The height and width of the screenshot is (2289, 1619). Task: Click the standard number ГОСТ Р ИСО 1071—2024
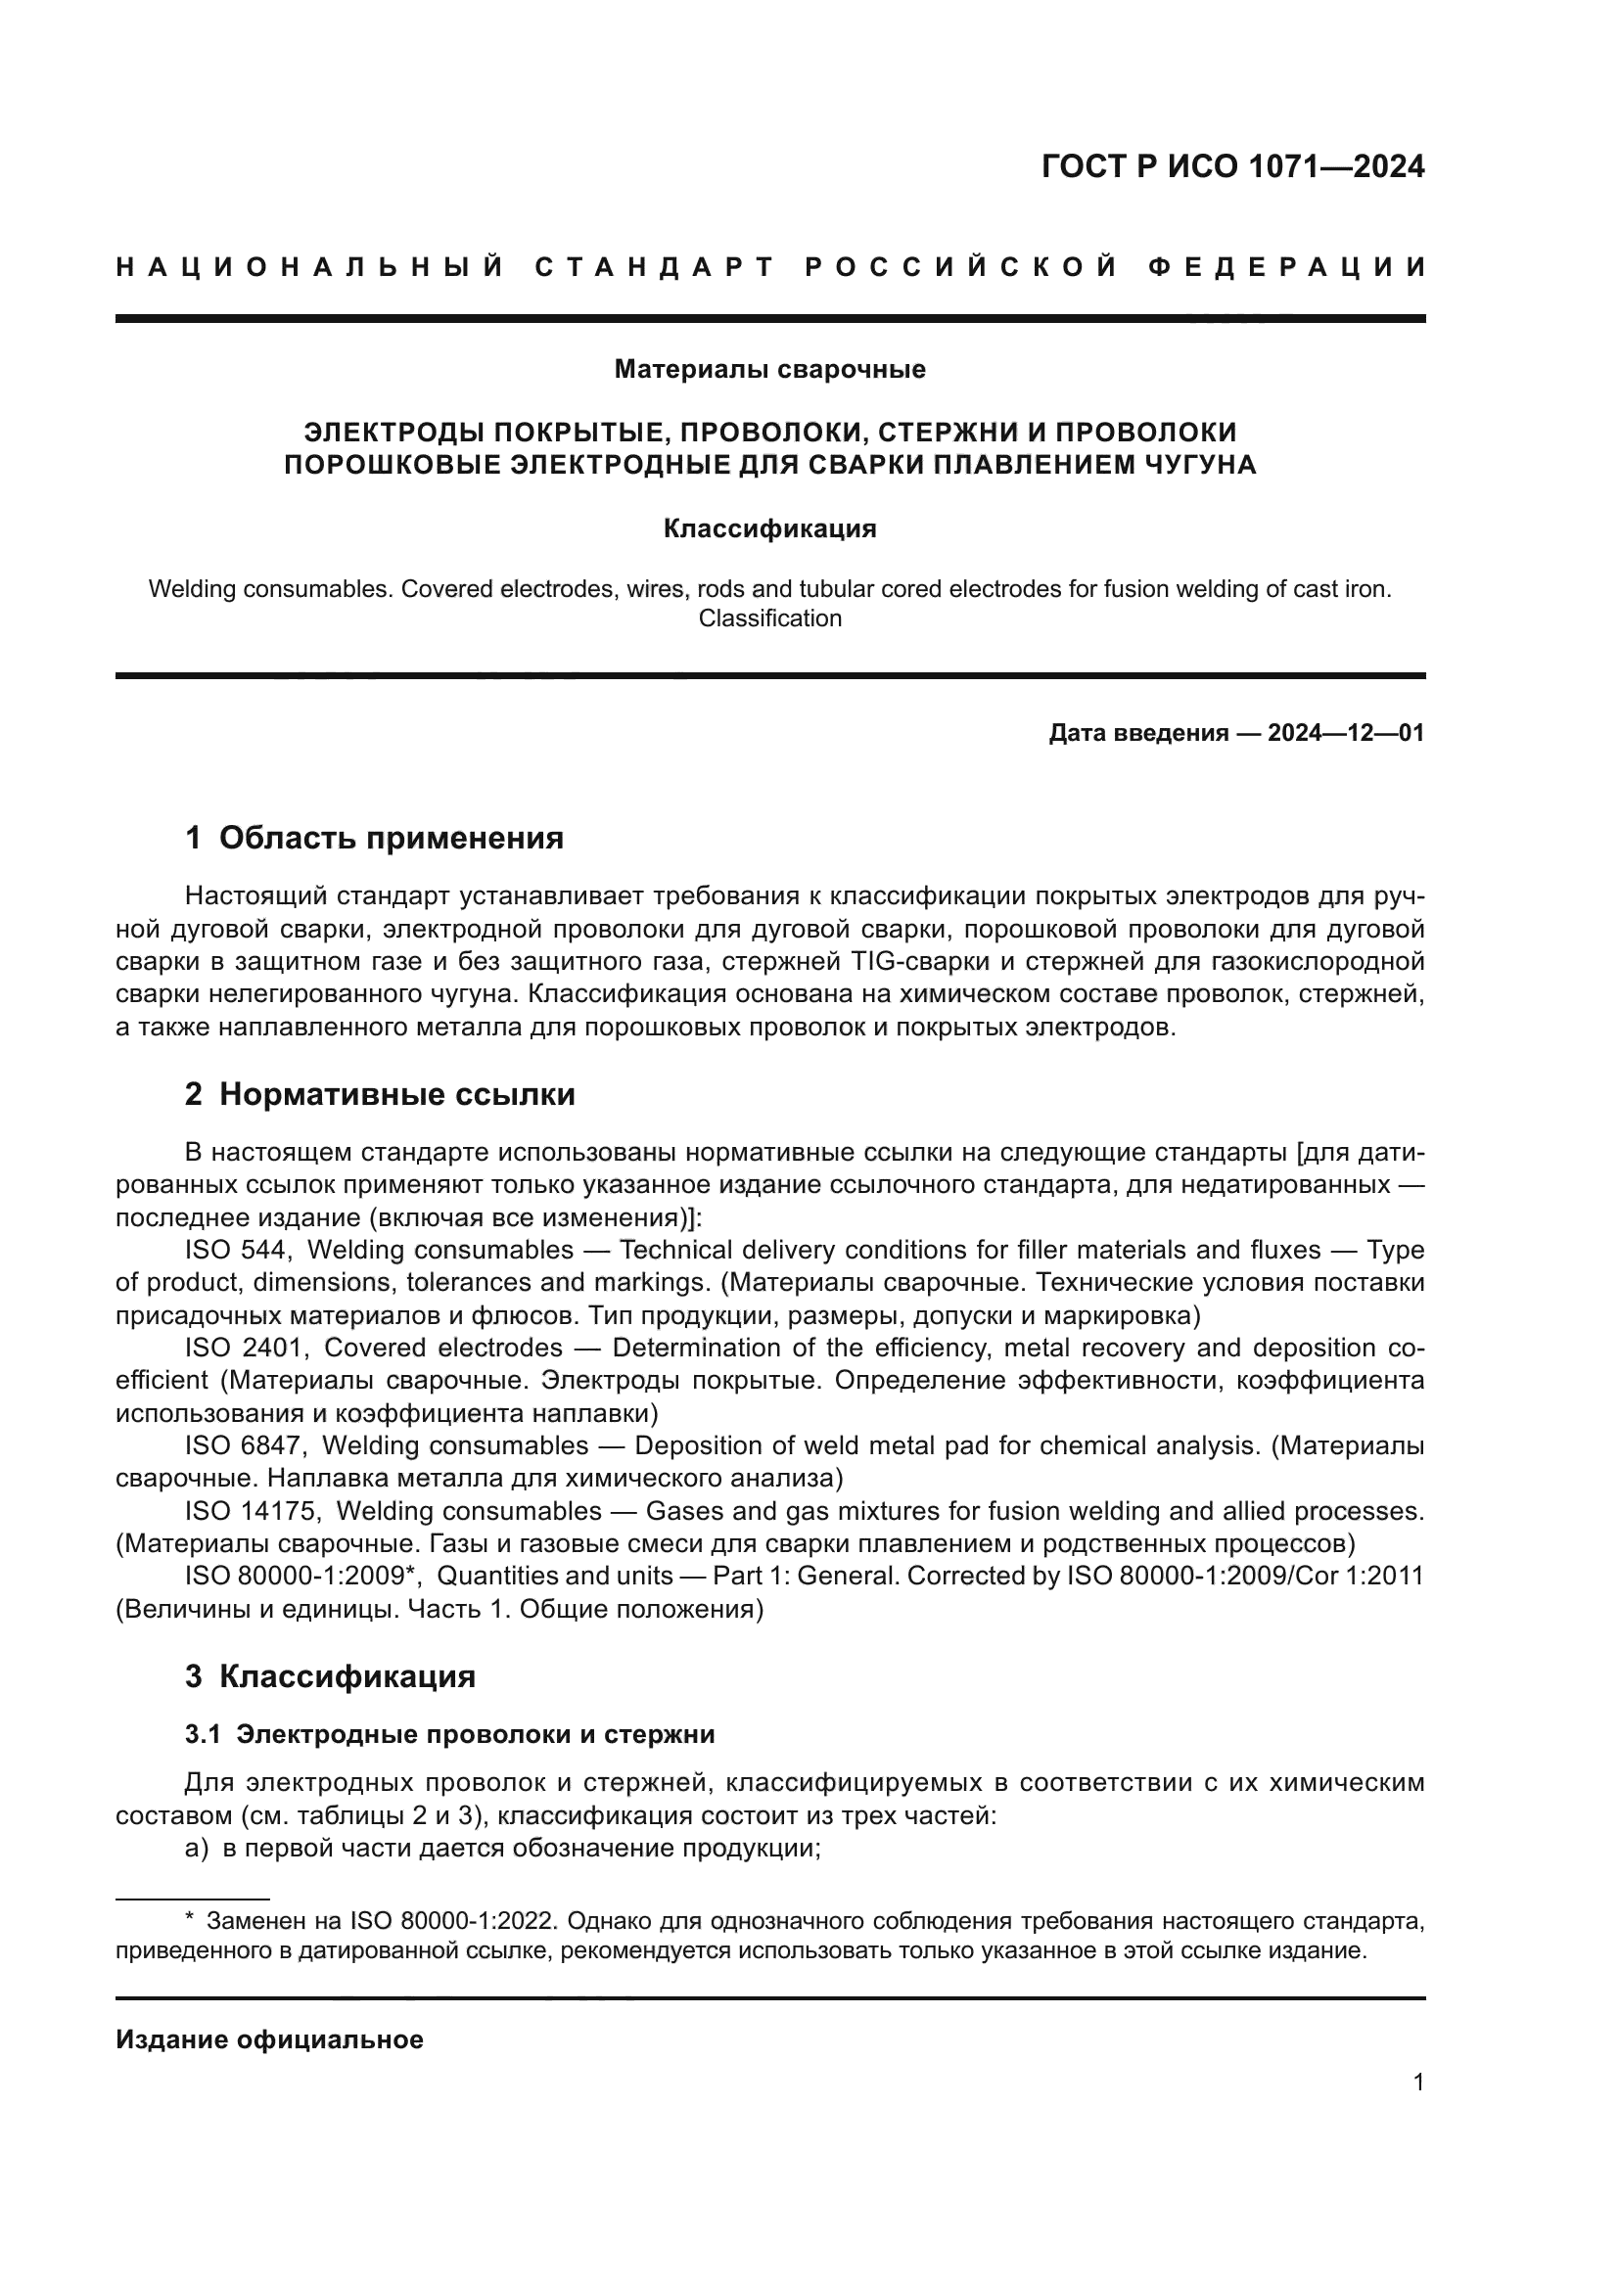coord(1232,166)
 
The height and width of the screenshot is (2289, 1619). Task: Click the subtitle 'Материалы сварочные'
coord(769,370)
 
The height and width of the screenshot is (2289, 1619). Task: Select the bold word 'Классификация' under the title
coord(769,529)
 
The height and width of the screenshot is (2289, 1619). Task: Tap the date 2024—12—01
coord(1346,734)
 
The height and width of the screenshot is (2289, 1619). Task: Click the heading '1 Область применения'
coord(374,839)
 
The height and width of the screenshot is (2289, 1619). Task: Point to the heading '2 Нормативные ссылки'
coord(380,1095)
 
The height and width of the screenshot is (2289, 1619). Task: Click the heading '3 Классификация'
coord(330,1677)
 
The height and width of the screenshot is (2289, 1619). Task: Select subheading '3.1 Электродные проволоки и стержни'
coord(449,1735)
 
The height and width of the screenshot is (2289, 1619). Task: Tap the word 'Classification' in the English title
coord(769,619)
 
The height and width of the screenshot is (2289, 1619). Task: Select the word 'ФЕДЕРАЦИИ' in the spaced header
coord(1286,267)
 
